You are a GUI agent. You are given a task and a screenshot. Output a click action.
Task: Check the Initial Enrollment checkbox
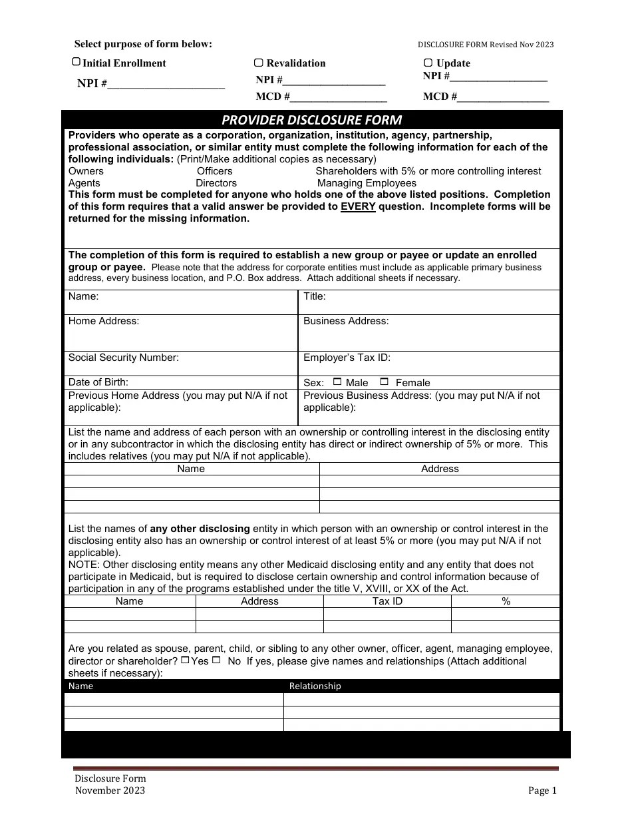[x=76, y=62]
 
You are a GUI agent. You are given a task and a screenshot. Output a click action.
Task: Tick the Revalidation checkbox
[x=259, y=63]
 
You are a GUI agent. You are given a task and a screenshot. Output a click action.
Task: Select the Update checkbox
[x=428, y=63]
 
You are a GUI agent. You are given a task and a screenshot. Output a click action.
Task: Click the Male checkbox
[x=337, y=382]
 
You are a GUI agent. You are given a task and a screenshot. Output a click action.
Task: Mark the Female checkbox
[x=384, y=382]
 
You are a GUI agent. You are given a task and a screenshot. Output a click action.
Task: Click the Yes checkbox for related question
[x=185, y=660]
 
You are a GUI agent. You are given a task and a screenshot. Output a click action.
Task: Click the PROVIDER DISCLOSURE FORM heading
[x=311, y=120]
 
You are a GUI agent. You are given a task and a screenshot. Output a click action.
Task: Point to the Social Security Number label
[x=123, y=358]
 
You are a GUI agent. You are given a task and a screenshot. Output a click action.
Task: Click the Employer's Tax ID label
[x=347, y=358]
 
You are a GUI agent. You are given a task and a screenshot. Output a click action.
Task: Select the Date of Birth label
[x=98, y=382]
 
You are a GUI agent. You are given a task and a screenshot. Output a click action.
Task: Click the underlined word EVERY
[x=358, y=206]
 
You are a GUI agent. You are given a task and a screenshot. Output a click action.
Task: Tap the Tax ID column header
[x=387, y=601]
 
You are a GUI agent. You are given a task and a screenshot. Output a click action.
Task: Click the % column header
[x=506, y=601]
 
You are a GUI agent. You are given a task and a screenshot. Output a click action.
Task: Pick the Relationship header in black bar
[x=315, y=686]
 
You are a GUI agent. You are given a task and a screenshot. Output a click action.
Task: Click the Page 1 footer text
[x=542, y=790]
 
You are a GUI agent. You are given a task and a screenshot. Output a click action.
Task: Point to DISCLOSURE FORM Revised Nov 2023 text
[x=485, y=45]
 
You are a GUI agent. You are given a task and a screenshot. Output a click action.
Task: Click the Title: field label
[x=315, y=296]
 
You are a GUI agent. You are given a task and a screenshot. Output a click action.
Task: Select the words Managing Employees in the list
[x=367, y=183]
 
